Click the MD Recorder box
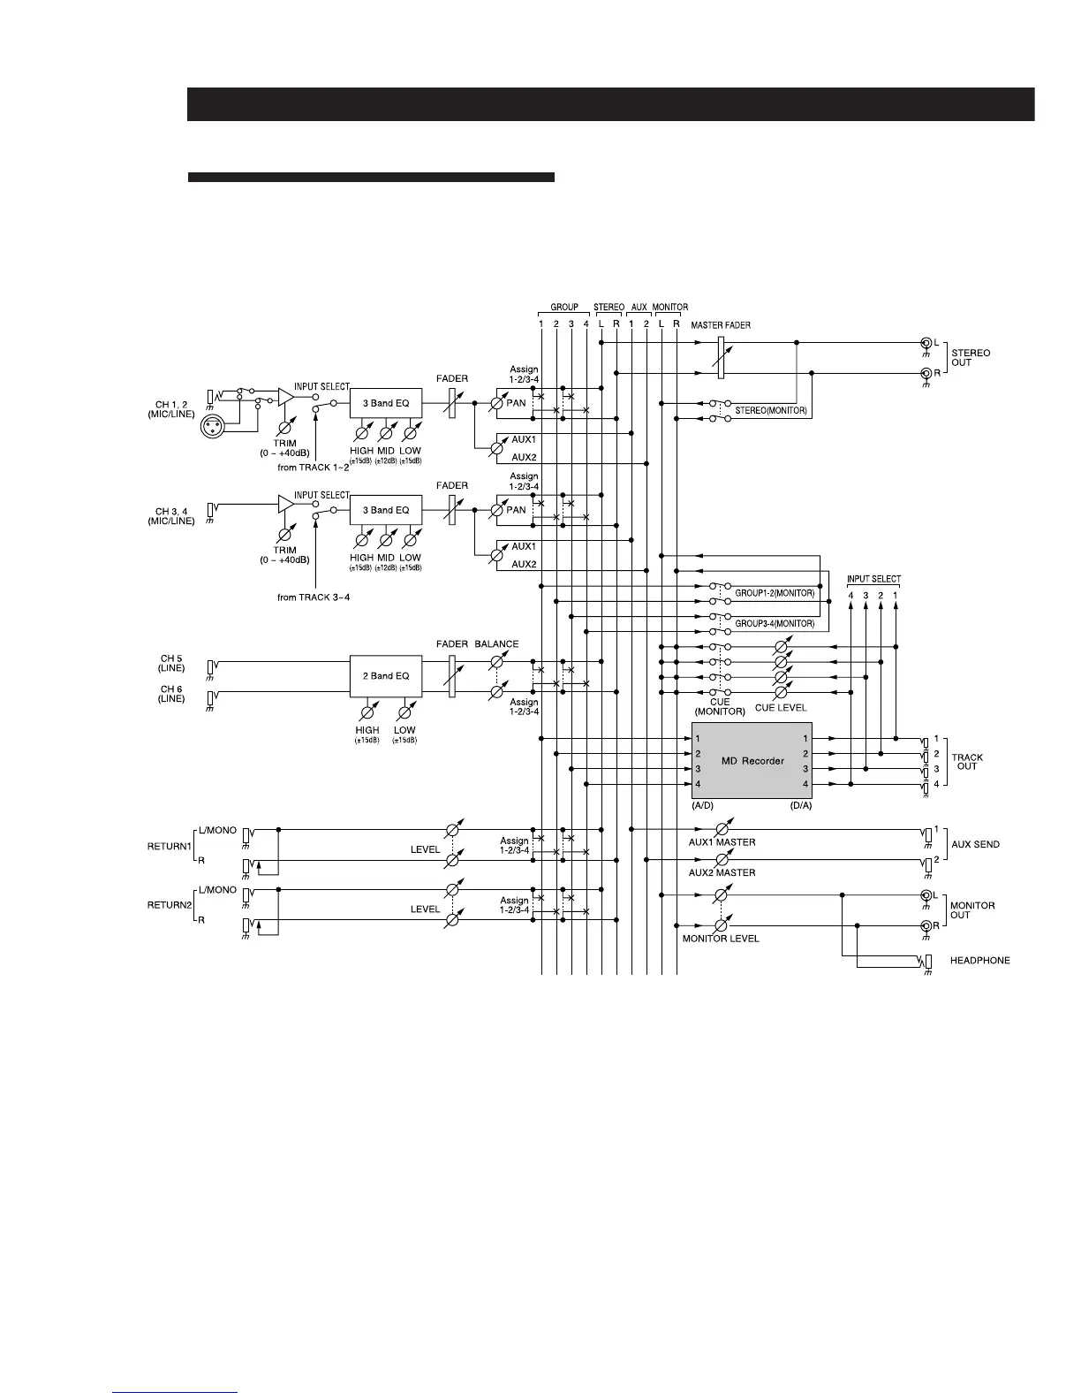coord(752,760)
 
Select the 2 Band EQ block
coord(386,676)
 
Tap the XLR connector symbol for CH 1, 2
coord(213,425)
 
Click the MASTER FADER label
coord(721,325)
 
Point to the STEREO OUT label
coord(971,358)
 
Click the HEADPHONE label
coord(979,960)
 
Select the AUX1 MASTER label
coord(722,842)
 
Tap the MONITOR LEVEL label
coord(721,939)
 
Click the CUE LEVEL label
coord(781,708)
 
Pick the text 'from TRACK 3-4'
coord(314,597)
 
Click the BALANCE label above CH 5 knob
coord(496,644)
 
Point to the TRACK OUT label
coord(967,762)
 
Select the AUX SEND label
coord(975,844)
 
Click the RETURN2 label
coord(169,905)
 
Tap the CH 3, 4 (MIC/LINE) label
coord(171,516)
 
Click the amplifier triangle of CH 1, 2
coord(285,397)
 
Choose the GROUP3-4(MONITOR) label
coord(775,624)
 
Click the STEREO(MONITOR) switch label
coord(771,411)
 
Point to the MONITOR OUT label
coord(972,910)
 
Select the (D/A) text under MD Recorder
coord(800,806)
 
